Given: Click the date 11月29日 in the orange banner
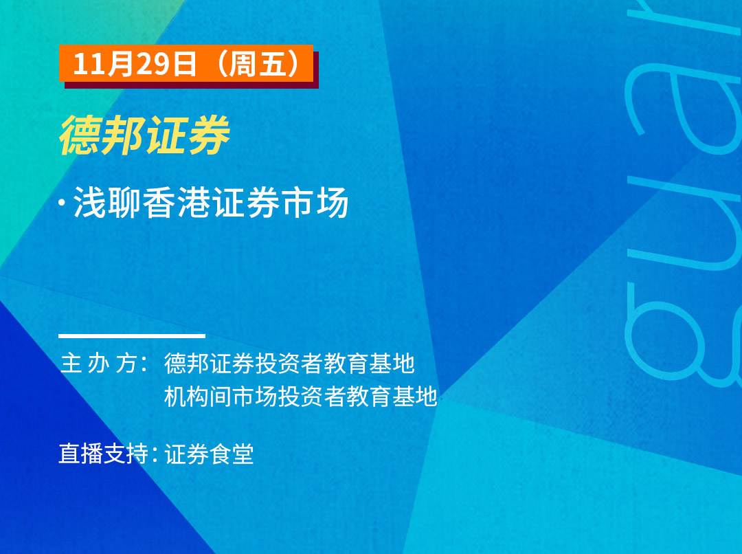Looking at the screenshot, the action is coord(135,63).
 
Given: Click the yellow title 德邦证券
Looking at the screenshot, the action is coord(145,135).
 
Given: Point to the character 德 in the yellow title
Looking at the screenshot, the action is coord(80,135).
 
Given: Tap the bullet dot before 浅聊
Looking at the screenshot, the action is coord(62,202).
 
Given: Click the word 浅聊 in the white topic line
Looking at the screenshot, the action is coord(107,203).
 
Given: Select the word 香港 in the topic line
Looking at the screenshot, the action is coord(177,203).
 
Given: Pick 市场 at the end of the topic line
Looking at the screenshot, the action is coord(315,203).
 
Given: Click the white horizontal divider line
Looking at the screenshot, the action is coord(132,336).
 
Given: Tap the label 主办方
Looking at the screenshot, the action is coord(100,364).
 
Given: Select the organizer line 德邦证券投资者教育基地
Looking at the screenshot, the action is coord(290,364).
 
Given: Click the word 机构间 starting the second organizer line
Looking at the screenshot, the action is coord(199,397).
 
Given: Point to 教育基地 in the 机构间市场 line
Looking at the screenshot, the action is coord(392,397).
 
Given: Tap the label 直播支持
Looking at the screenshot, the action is coord(104,454).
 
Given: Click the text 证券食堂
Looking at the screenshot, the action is coord(209,454).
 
